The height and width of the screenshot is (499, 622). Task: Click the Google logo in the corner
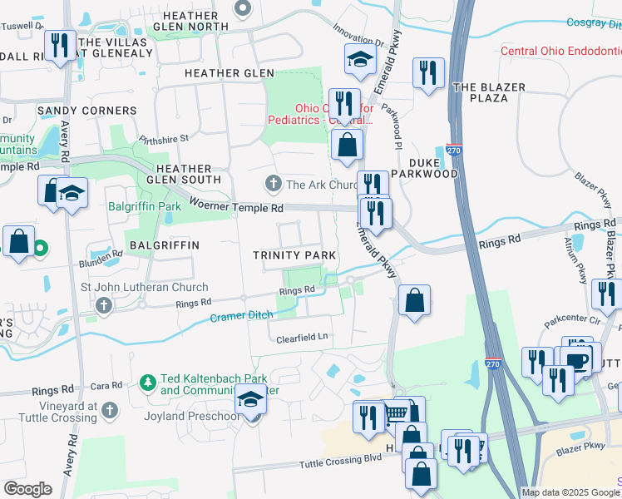pyautogui.click(x=27, y=489)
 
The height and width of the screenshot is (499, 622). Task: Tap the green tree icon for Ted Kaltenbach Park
pyautogui.click(x=147, y=382)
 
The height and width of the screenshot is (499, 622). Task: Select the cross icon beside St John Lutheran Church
pyautogui.click(x=104, y=305)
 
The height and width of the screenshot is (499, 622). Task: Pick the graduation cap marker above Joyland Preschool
pyautogui.click(x=250, y=401)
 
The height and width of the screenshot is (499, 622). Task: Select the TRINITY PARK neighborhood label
pyautogui.click(x=295, y=254)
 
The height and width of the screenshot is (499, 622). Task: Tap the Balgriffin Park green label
pyautogui.click(x=144, y=205)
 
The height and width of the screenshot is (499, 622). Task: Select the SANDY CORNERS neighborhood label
pyautogui.click(x=86, y=111)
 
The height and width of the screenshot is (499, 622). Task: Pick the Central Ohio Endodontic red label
pyautogui.click(x=560, y=52)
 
